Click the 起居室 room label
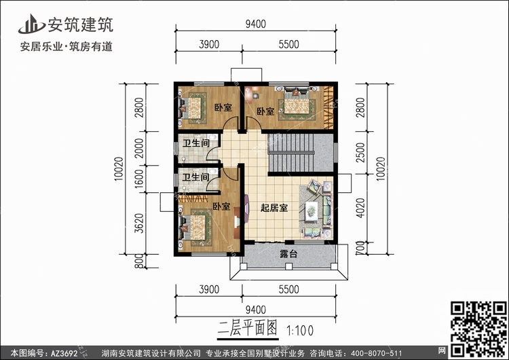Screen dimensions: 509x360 coord(274,208)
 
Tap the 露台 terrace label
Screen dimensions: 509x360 coord(288,254)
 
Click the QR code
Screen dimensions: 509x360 coord(478,329)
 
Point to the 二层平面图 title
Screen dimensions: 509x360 coord(248,328)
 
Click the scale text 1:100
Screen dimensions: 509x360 coord(300,330)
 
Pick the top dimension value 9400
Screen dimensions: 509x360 coord(255,24)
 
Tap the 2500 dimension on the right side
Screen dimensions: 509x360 coord(360,152)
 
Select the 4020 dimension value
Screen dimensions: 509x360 coord(360,208)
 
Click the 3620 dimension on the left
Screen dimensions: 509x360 coord(139,223)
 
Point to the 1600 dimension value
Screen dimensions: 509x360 coord(139,179)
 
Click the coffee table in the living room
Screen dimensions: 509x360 coord(312,211)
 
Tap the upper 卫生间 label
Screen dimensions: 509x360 coord(195,143)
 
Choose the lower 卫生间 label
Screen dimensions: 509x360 coord(195,177)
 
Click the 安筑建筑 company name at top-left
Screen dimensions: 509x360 coord(81,24)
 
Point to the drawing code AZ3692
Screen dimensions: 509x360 coord(64,353)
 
